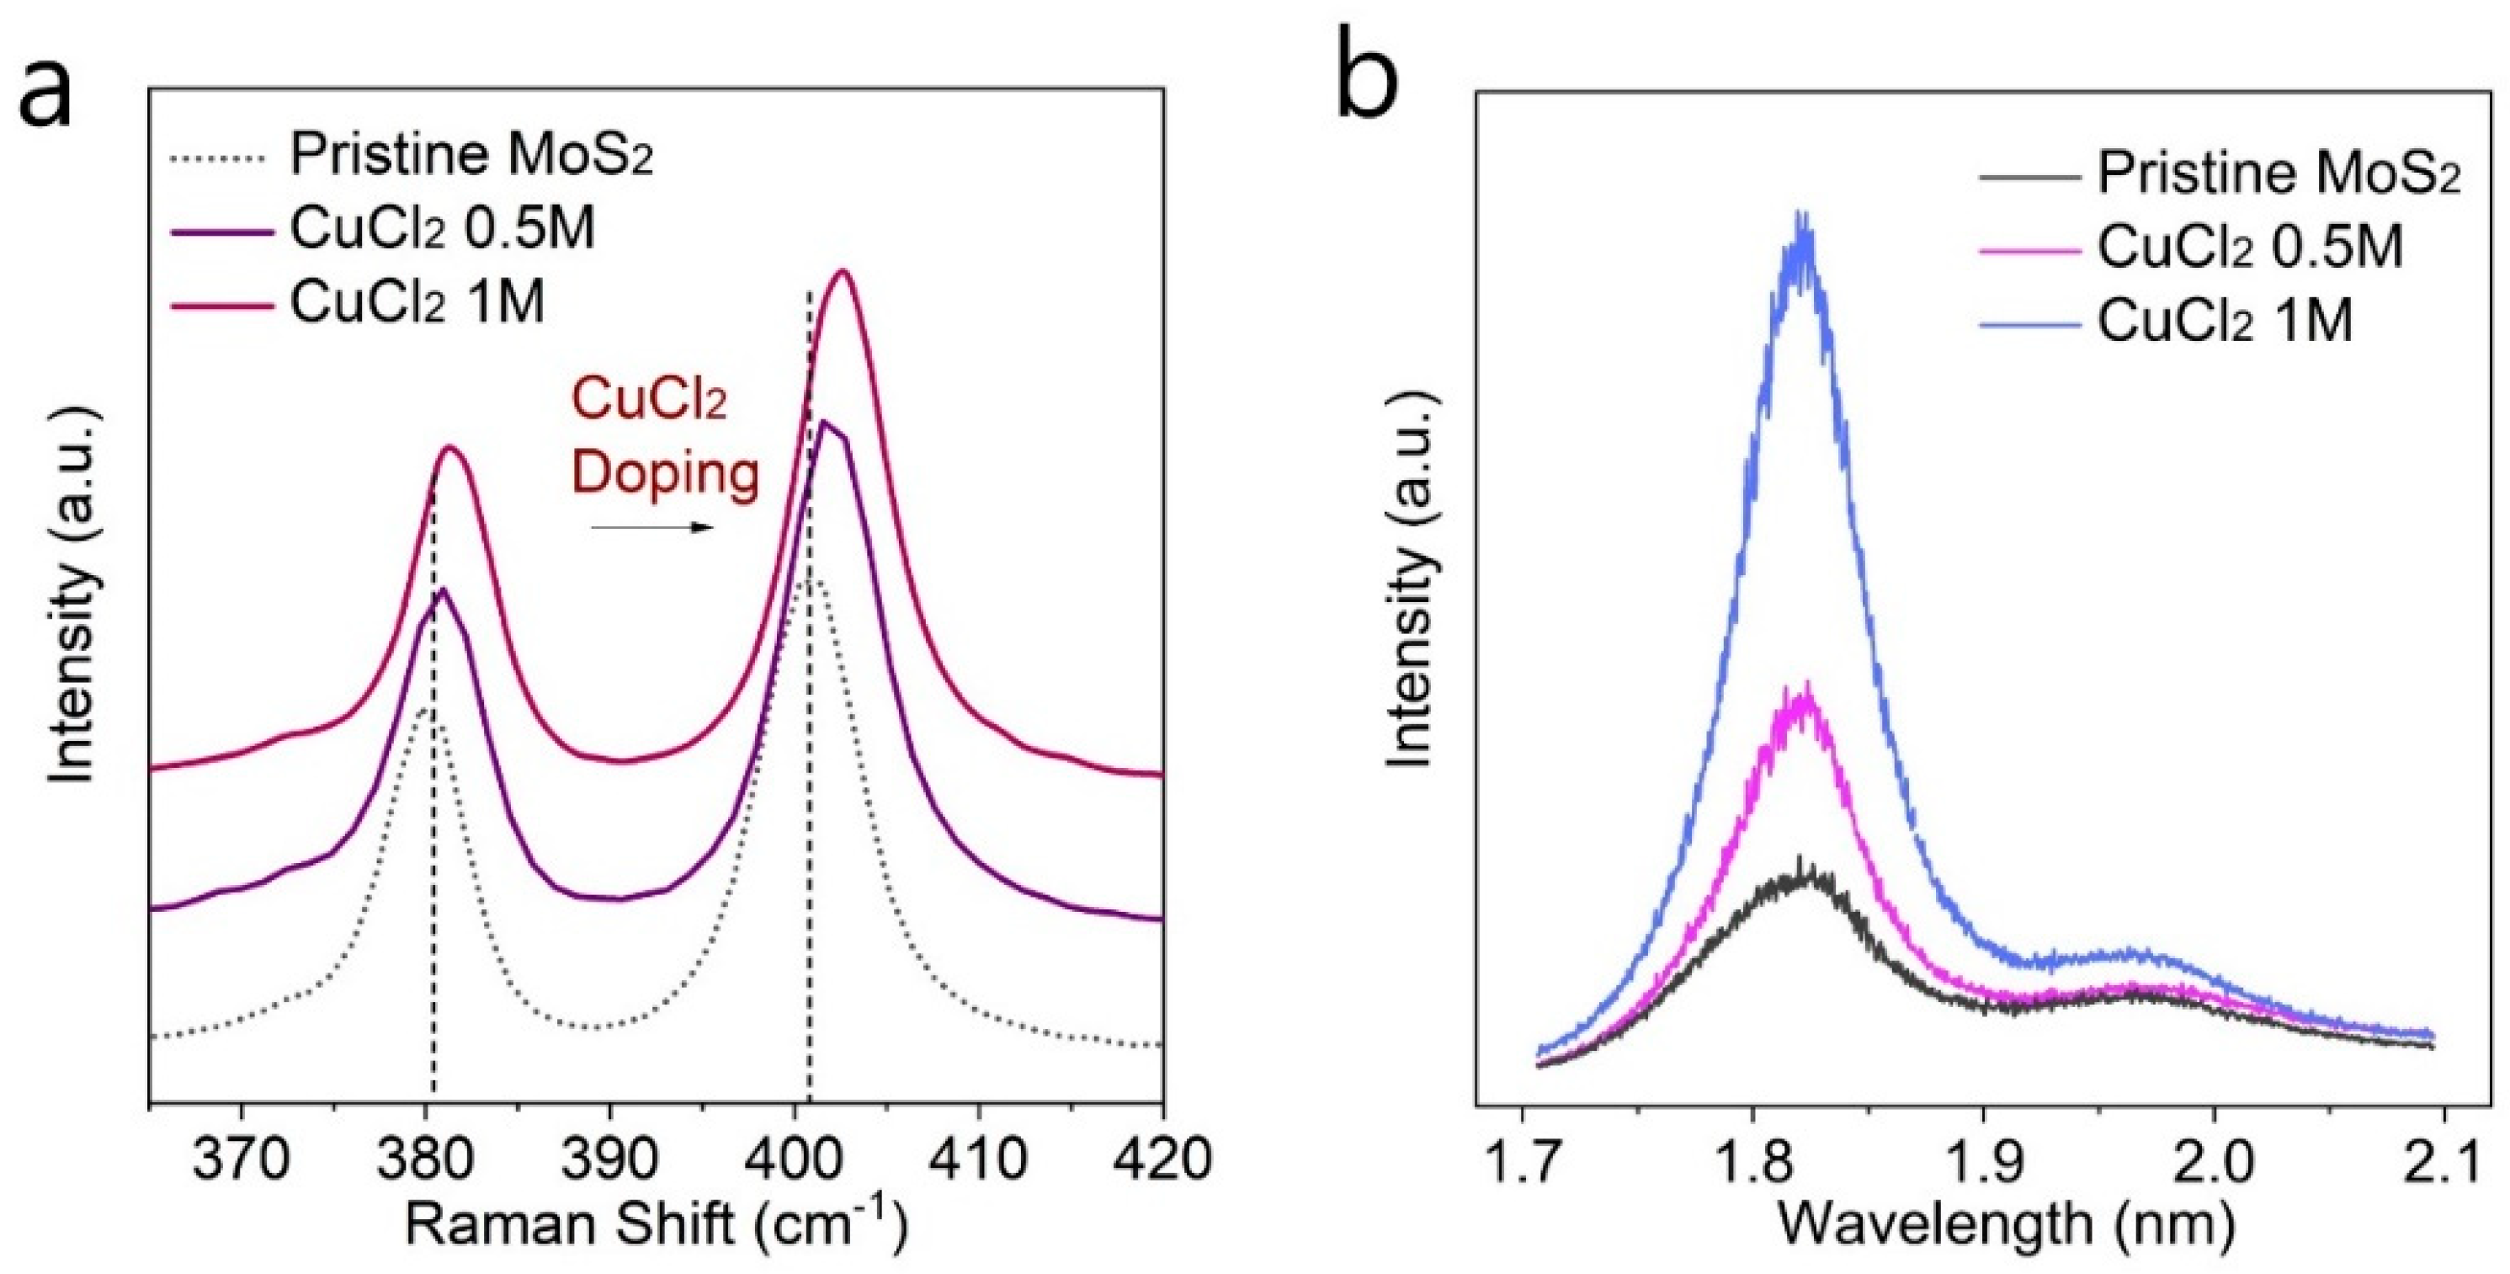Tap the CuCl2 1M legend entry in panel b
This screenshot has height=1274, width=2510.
click(2225, 320)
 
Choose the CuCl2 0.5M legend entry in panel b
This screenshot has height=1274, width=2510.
click(2250, 248)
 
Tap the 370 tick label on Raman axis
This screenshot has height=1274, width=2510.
click(240, 1160)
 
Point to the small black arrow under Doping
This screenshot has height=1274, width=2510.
click(654, 528)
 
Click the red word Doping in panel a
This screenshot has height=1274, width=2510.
click(666, 476)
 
